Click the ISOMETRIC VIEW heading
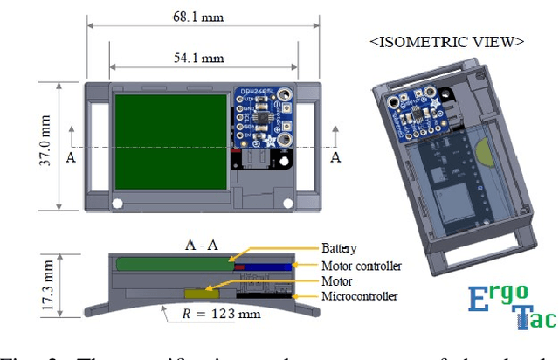tap(446, 41)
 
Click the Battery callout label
tap(341, 248)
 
